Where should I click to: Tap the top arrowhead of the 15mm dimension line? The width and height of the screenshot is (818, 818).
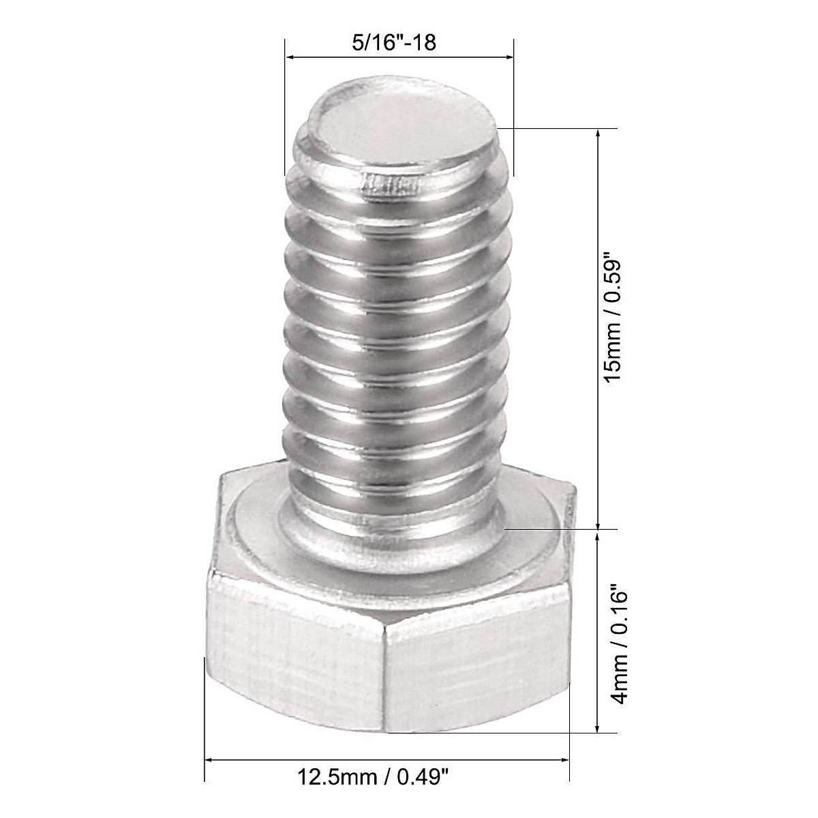pyautogui.click(x=599, y=134)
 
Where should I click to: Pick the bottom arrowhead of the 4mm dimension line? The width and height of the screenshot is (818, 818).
pyautogui.click(x=599, y=727)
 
